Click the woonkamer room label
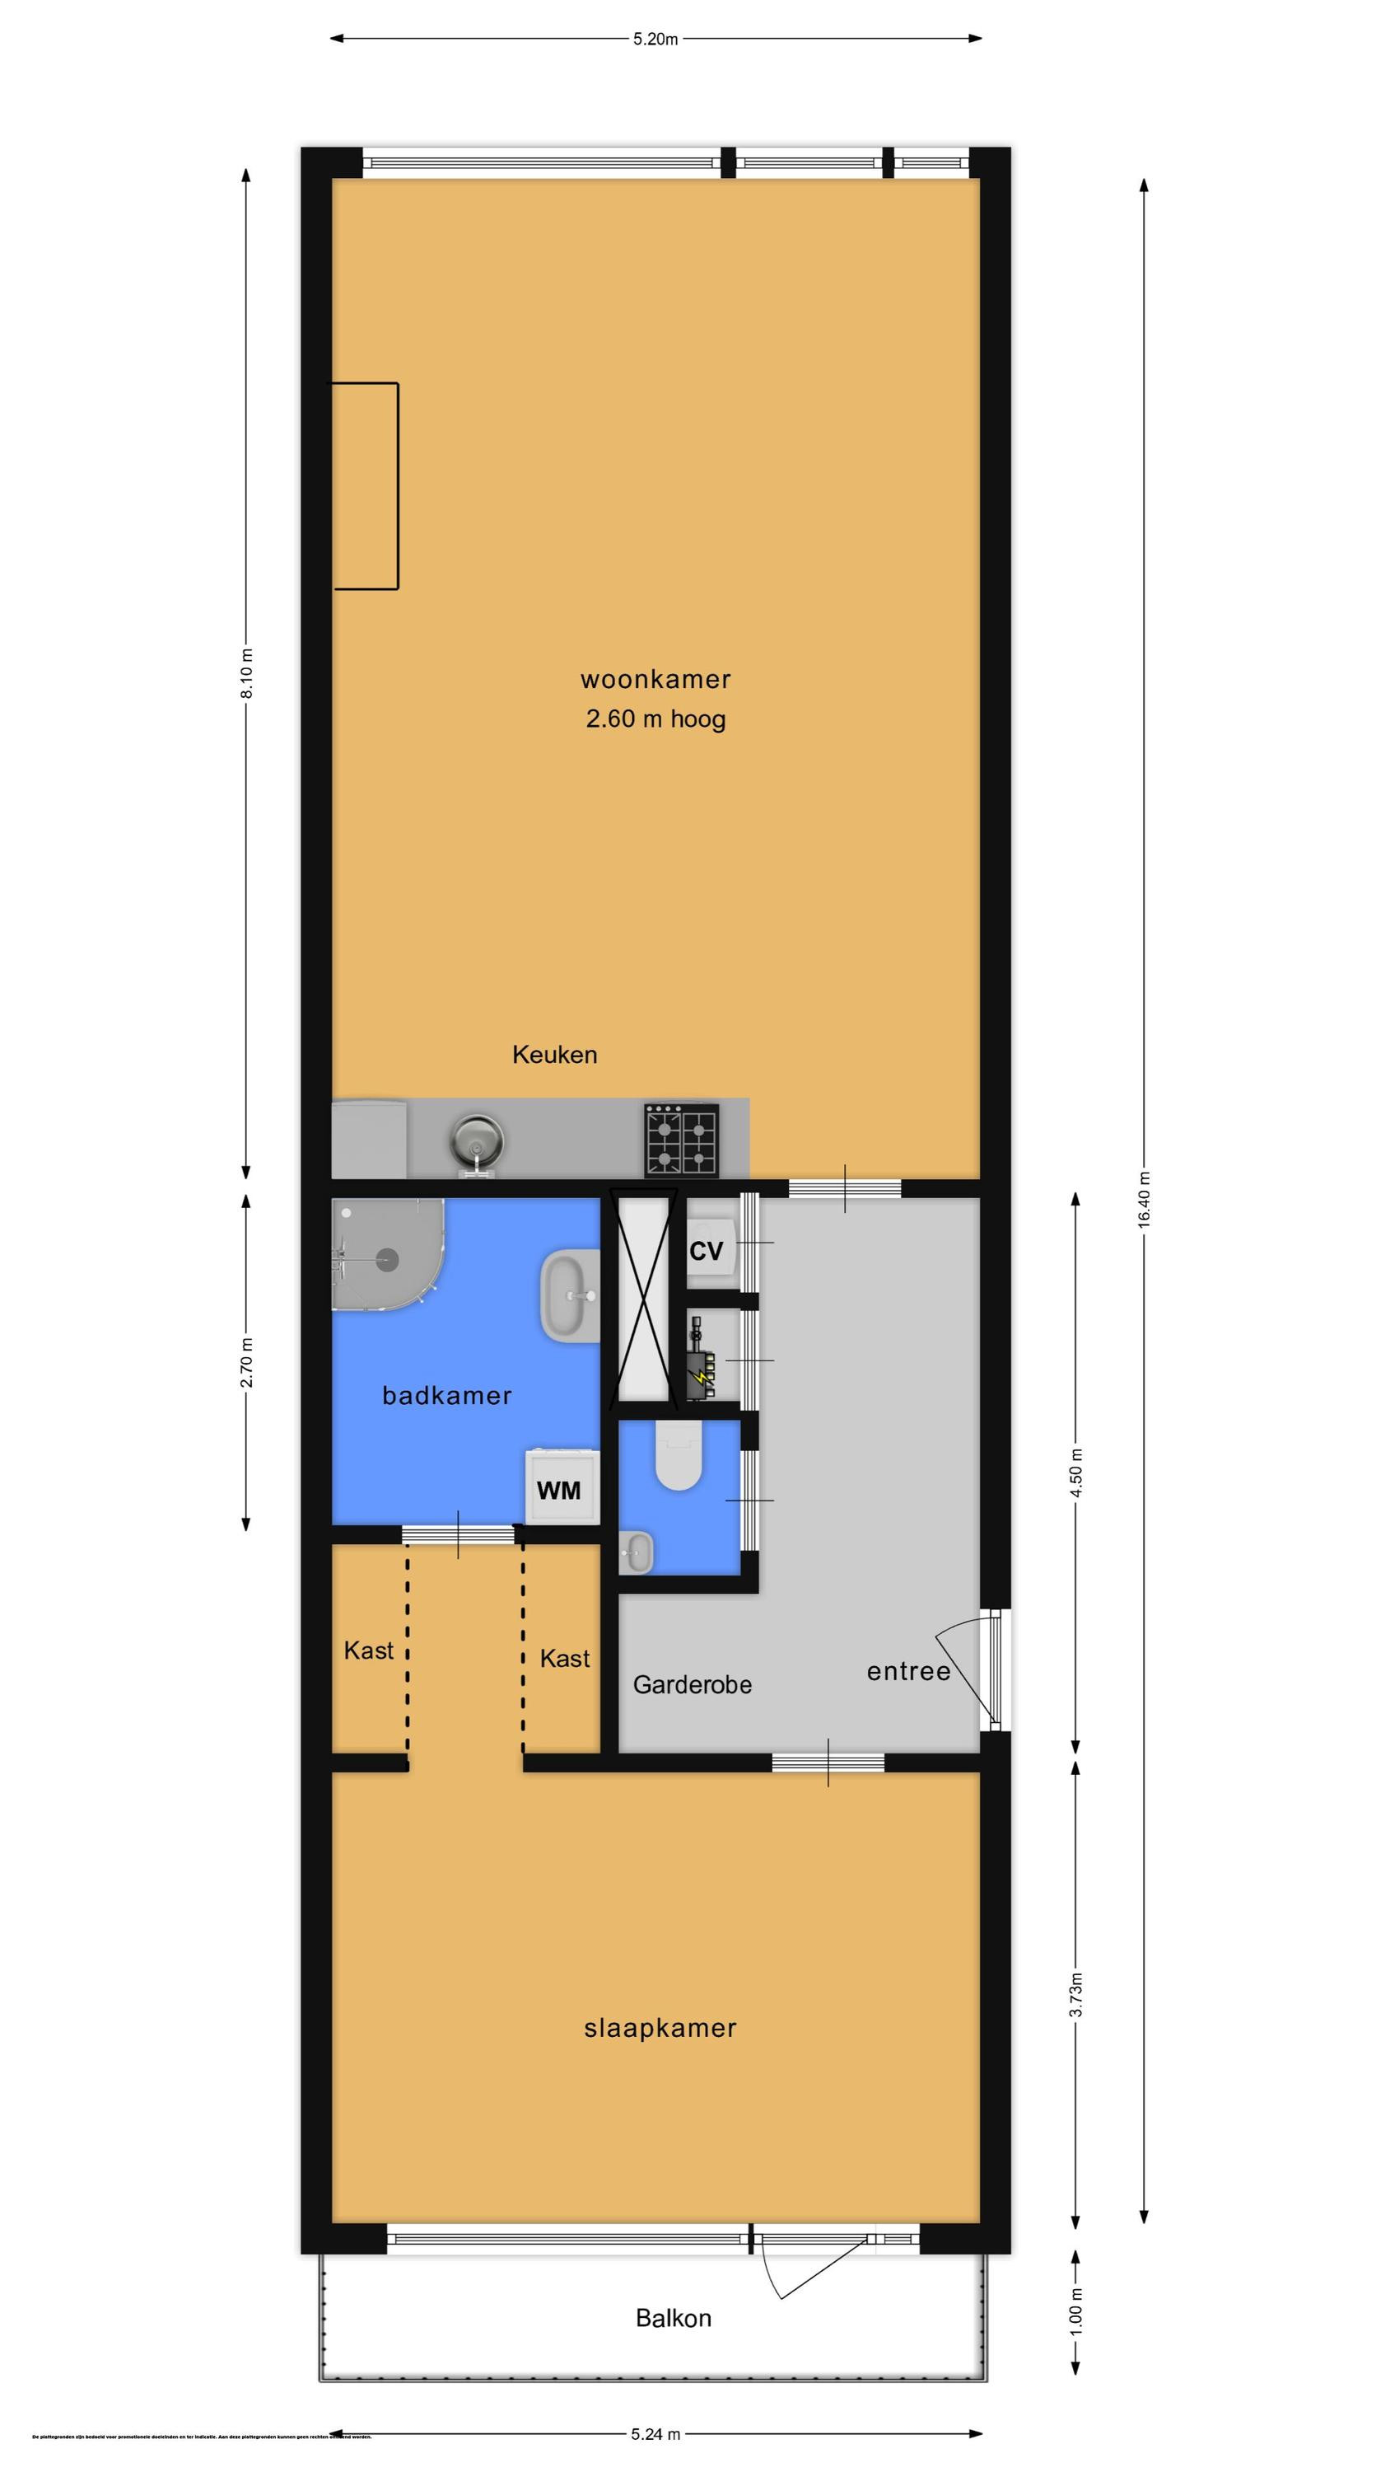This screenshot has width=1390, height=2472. point(655,680)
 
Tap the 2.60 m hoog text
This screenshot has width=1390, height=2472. point(655,719)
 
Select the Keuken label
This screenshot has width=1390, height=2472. point(554,1055)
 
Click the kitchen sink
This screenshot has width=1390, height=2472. point(476,1142)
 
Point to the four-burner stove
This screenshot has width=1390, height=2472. point(681,1140)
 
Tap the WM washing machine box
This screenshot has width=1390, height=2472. point(559,1491)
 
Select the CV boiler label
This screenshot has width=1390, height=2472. point(706,1252)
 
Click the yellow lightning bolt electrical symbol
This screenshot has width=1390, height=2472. point(702,1377)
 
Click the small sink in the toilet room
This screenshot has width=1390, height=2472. point(635,1552)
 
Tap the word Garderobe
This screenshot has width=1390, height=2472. point(692,1684)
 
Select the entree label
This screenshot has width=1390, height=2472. point(907,1672)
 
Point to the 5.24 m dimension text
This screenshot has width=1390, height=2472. point(656,2433)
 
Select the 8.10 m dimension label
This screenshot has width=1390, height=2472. point(246,675)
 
